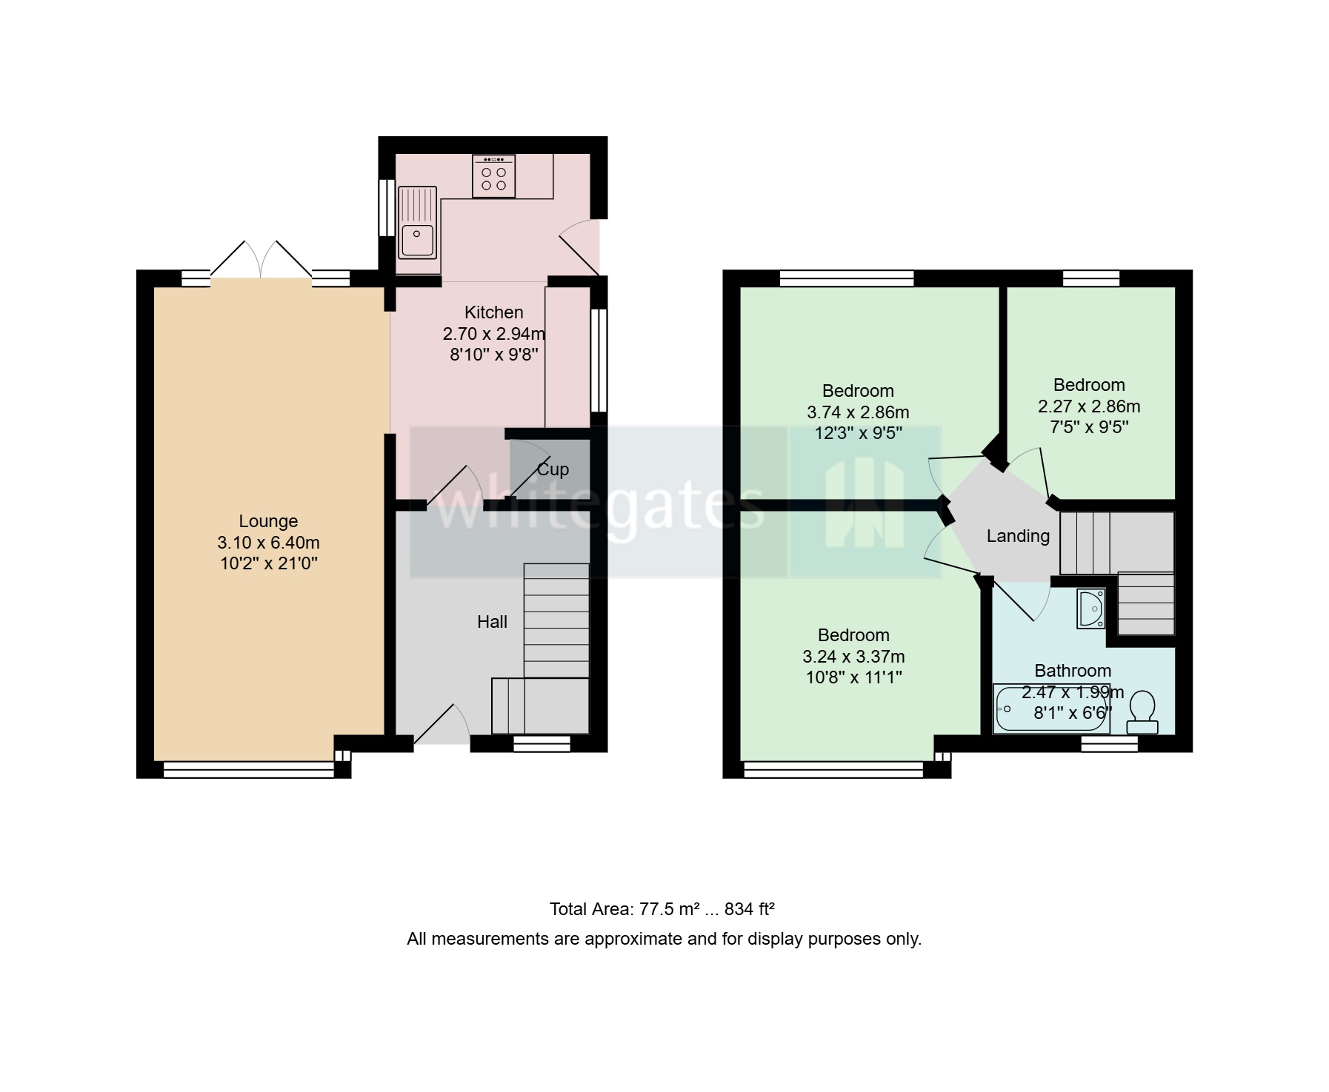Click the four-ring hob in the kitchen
(493, 178)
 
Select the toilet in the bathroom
(1142, 712)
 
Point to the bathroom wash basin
(1090, 608)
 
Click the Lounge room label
(268, 521)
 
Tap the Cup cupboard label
(553, 469)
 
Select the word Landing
(1018, 536)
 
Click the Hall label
(492, 622)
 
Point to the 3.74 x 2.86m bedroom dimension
(858, 412)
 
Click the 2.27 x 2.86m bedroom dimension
(1089, 406)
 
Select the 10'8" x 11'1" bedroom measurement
(853, 677)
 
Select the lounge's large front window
(248, 771)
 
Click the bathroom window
(1109, 743)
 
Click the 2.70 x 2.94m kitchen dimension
(493, 334)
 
